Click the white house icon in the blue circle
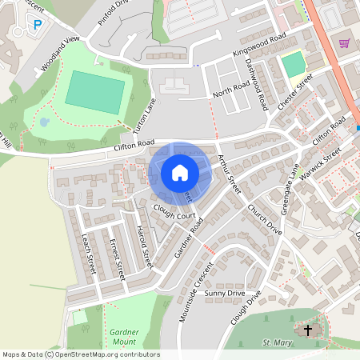point(179,172)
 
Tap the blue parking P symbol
point(38,25)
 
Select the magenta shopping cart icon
point(345,42)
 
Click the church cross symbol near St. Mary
point(309,330)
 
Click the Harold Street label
point(143,246)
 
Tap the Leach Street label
point(88,251)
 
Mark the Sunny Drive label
point(224,294)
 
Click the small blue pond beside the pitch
point(45,122)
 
